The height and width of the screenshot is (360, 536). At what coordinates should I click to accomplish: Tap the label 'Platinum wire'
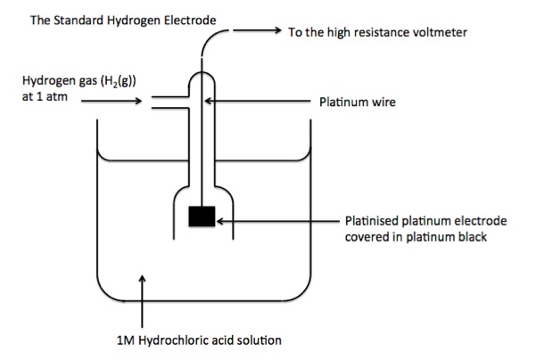coord(357,102)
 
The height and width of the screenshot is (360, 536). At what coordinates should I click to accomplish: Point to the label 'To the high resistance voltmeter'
coord(378,32)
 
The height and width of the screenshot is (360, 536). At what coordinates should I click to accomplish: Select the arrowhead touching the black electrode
coord(219,218)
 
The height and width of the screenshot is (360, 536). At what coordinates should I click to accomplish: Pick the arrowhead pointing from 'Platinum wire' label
coord(211,102)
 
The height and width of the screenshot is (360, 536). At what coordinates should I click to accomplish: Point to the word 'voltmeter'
coord(441,32)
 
